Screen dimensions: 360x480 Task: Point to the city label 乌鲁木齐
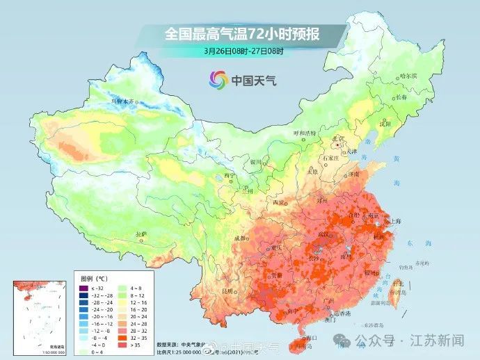(126, 101)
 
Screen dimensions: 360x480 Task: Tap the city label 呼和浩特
(304, 132)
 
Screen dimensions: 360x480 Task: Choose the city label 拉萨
(141, 234)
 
